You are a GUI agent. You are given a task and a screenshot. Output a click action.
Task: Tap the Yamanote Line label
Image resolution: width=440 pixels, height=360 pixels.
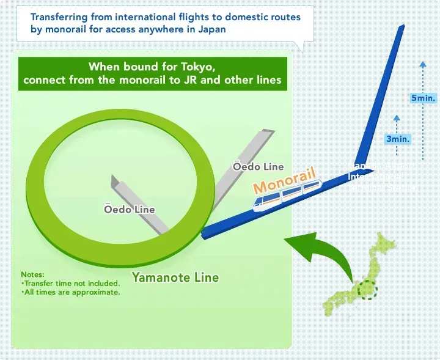coord(175,277)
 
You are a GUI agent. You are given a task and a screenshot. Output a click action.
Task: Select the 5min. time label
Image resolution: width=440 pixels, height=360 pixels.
coord(423,98)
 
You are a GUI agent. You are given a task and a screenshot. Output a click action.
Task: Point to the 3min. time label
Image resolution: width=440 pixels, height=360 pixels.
coord(397,139)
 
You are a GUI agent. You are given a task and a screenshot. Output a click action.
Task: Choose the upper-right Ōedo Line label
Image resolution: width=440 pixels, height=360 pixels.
coord(258,166)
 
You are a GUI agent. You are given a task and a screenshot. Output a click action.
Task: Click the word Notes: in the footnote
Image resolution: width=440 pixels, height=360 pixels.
coord(33,274)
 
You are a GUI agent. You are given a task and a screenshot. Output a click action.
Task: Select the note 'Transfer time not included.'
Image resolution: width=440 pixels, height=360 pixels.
coord(70,283)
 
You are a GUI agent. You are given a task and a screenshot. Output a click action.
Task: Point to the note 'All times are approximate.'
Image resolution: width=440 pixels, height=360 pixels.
coord(70,292)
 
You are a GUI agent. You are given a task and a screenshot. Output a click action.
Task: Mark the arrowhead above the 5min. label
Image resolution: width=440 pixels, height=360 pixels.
coord(422,64)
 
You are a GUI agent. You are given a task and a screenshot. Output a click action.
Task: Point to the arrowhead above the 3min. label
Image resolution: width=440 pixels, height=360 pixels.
coord(397,117)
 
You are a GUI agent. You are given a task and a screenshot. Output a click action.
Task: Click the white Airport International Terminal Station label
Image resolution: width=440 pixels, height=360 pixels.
coord(381,177)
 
